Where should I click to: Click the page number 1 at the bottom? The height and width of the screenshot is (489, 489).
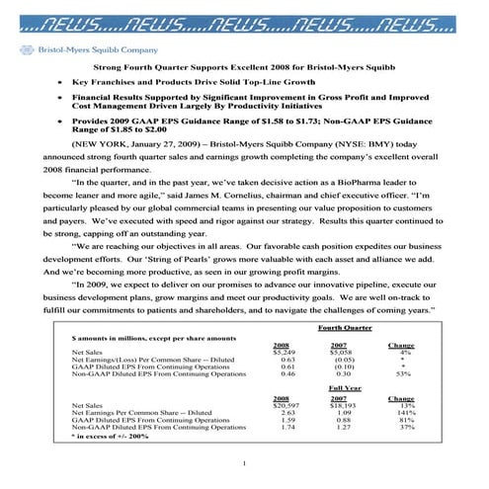coord(244,464)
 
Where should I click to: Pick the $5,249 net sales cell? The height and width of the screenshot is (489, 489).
coord(284,351)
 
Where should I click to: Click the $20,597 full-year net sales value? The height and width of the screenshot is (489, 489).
coord(285,405)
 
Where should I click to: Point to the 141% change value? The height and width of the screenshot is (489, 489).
coord(406,413)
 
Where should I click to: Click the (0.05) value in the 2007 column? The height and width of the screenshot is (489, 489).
coord(345,359)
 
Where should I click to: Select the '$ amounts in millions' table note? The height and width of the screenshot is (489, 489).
coord(138,339)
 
